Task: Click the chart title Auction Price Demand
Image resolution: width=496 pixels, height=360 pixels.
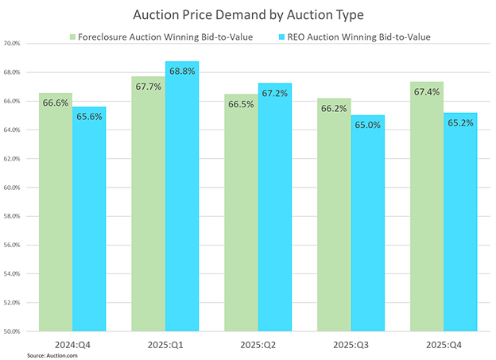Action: click(x=248, y=14)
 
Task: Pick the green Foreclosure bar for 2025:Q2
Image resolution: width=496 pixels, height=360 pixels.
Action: click(x=241, y=223)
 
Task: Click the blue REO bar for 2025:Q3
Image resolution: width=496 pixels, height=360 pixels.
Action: click(x=367, y=230)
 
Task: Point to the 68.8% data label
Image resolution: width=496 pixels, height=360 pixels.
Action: click(x=182, y=72)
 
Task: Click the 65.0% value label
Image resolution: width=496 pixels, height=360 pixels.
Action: click(x=367, y=125)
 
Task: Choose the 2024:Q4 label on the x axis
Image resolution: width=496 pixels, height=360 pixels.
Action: click(x=72, y=343)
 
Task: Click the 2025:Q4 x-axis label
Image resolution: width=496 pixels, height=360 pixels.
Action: click(x=443, y=343)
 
